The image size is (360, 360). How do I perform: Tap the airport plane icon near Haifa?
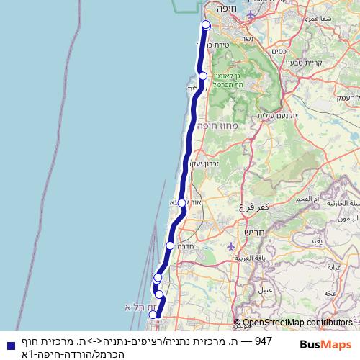[250, 14]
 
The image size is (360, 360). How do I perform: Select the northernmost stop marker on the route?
[206, 25]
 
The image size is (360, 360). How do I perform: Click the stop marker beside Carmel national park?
[203, 76]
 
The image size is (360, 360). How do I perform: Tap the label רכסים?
[280, 53]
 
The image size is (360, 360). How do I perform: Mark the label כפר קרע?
[256, 206]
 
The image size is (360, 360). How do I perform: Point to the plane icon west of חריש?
[230, 246]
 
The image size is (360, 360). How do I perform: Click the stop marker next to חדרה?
[170, 246]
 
